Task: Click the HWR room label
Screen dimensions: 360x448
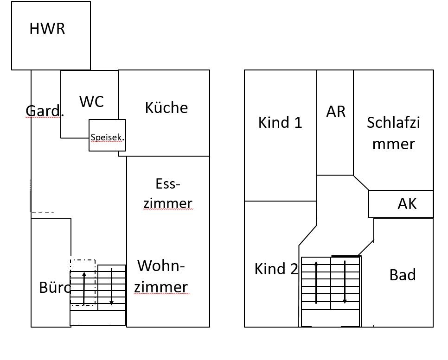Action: [47, 29]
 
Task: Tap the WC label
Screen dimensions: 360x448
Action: [91, 101]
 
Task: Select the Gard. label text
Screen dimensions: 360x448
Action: [44, 111]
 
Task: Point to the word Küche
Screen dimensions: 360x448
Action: [166, 107]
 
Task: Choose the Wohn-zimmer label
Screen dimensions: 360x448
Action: [162, 277]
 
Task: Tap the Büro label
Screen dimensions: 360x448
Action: [55, 287]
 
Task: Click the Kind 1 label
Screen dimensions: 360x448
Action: [280, 122]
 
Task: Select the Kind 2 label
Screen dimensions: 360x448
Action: [276, 269]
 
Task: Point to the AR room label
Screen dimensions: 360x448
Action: [336, 112]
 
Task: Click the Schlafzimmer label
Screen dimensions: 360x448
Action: [393, 133]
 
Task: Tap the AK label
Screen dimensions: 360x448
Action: [407, 203]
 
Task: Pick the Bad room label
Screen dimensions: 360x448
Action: [403, 275]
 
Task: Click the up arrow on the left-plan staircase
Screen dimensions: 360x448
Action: [84, 288]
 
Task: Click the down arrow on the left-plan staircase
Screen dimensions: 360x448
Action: [112, 287]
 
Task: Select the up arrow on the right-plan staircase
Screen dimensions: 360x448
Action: [316, 282]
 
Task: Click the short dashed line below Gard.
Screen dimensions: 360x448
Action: [43, 213]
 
